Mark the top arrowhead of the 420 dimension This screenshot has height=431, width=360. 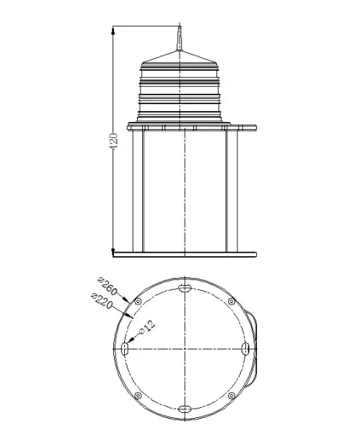(113, 31)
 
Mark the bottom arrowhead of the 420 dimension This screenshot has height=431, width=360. (113, 250)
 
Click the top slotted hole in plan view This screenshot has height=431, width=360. (185, 287)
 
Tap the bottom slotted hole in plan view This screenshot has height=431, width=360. (185, 409)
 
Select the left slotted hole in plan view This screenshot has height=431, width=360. (124, 349)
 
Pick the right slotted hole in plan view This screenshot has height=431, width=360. (245, 349)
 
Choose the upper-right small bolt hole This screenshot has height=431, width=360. (231, 301)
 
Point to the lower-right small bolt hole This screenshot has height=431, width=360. (231, 396)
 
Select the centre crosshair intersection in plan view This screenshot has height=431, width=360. (185, 349)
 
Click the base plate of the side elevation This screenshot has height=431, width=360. (185, 253)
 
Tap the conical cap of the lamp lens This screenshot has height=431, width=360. (180, 58)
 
